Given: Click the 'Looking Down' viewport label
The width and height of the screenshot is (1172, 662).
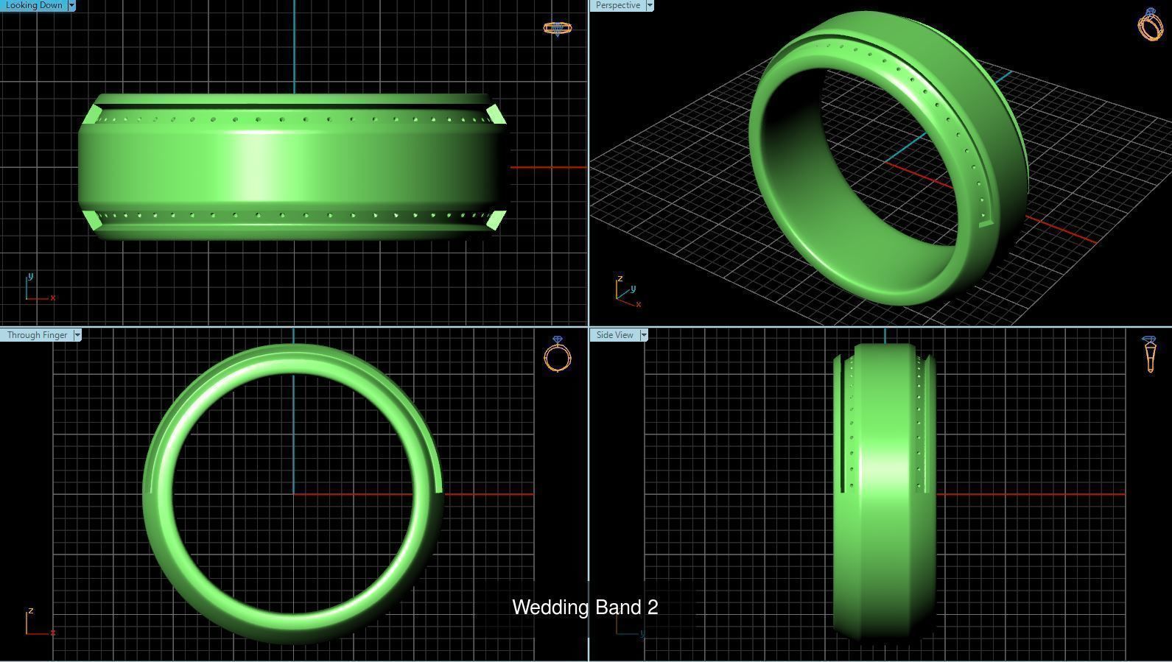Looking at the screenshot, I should (x=34, y=5).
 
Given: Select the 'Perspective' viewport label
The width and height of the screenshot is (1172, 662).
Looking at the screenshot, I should (x=617, y=5).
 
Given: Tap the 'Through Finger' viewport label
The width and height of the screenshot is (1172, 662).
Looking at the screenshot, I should (x=37, y=335).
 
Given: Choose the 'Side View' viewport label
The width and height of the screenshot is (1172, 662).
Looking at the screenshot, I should (x=614, y=335).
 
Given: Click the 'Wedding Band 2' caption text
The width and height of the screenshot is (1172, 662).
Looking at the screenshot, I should (x=585, y=608).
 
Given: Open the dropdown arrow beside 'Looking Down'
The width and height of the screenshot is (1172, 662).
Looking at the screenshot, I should (x=71, y=5).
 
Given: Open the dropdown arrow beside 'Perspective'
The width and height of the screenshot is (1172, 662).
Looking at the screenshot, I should (x=650, y=5).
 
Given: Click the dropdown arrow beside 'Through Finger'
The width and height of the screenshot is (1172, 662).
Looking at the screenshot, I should (x=77, y=335).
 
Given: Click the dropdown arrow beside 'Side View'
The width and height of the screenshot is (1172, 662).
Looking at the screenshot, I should (x=644, y=335).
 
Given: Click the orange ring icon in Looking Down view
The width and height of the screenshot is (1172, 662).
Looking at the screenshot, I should (x=557, y=28).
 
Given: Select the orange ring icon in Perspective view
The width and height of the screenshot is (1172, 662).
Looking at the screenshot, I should (x=1150, y=24).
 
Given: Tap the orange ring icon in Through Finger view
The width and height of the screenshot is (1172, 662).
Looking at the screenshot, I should (x=558, y=354).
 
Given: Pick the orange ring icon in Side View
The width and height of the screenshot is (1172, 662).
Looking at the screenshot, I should (x=1150, y=353).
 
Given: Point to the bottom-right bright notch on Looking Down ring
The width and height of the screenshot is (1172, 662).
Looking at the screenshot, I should (x=496, y=219).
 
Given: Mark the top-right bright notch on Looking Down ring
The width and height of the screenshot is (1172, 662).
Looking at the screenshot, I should (x=496, y=115).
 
